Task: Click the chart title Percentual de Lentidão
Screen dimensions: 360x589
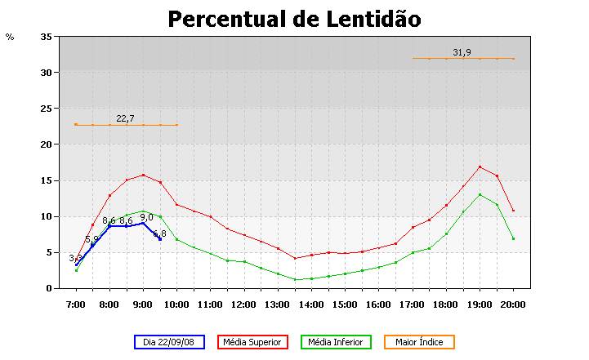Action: [x=294, y=19]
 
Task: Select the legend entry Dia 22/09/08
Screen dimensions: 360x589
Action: [x=168, y=342]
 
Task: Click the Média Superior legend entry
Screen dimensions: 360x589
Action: [x=252, y=342]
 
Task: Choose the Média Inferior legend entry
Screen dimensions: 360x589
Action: [x=336, y=342]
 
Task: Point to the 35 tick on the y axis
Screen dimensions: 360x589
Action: [x=46, y=37]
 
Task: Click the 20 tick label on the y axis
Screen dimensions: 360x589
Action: [x=46, y=144]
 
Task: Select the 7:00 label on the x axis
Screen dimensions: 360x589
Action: [x=76, y=304]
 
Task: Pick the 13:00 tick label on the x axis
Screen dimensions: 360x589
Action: [x=277, y=304]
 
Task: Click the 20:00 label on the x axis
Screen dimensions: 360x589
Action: [x=513, y=304]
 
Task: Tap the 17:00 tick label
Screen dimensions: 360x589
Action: [x=412, y=304]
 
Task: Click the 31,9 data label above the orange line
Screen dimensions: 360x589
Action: [x=462, y=52]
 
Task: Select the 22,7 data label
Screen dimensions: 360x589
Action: [x=125, y=118]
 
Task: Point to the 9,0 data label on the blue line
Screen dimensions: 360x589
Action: [x=146, y=217]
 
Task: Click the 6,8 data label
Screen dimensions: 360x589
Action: [x=159, y=233]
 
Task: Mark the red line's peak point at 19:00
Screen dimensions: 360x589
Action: [x=480, y=167]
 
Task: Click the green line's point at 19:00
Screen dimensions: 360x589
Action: [x=480, y=194]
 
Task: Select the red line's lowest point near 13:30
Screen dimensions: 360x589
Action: [x=295, y=258]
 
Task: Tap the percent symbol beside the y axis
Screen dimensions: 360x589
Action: [x=10, y=37]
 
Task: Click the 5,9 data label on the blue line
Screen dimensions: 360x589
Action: [x=91, y=239]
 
